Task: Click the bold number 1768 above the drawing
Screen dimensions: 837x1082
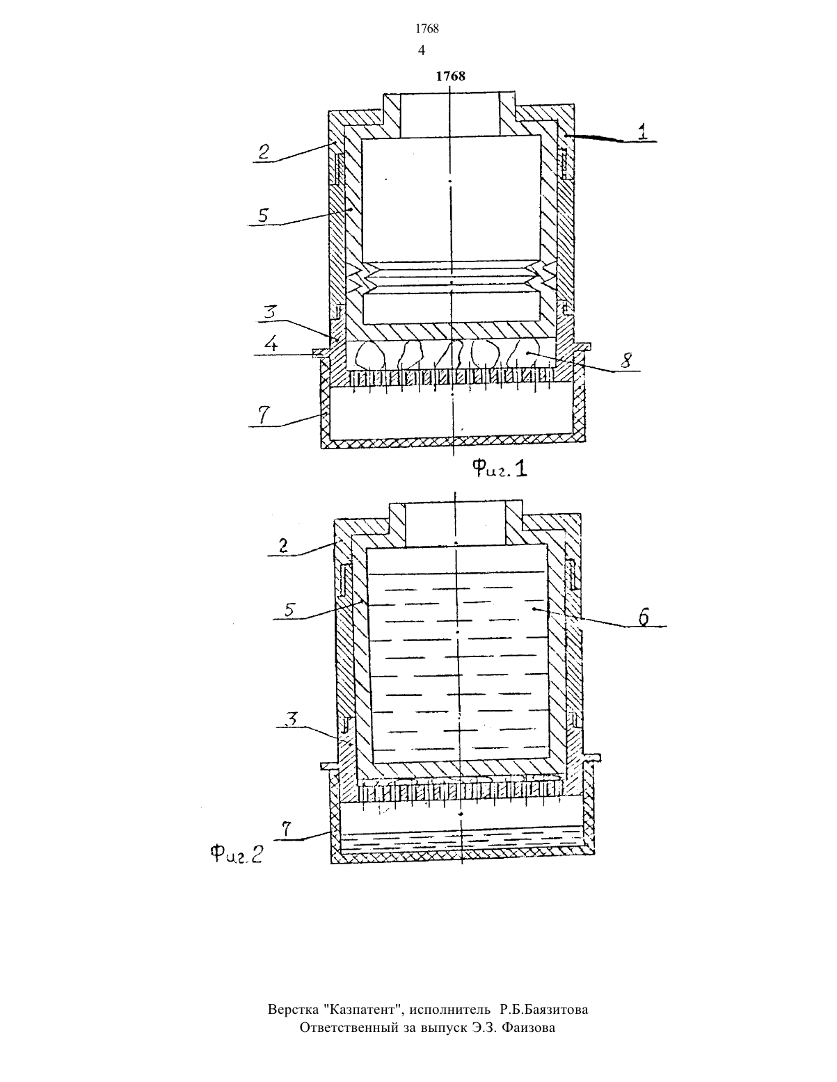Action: coord(450,76)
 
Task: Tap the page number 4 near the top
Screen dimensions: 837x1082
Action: coord(422,50)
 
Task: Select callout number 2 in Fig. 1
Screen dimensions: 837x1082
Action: coord(264,152)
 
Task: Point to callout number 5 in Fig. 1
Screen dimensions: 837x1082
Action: coord(263,215)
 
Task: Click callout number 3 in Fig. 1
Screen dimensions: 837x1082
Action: coord(269,312)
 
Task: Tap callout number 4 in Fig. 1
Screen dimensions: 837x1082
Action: coord(271,344)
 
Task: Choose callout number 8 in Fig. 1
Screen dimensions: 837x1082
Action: coord(625,360)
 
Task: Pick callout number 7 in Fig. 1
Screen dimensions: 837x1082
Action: coord(264,414)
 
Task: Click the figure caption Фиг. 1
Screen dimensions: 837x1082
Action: coord(500,468)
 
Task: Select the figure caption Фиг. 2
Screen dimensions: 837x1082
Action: coord(236,855)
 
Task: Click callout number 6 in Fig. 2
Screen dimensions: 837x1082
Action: coord(644,617)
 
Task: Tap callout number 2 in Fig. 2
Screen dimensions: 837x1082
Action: coord(283,546)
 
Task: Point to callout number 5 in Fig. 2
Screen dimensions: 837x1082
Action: coord(290,609)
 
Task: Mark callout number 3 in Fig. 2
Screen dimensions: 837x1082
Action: coord(292,719)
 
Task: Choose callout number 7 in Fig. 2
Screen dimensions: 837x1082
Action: coord(286,829)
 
